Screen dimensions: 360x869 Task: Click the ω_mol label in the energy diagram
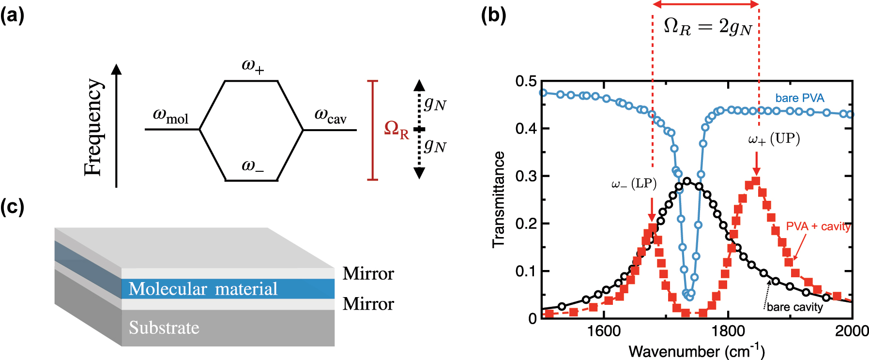click(x=170, y=116)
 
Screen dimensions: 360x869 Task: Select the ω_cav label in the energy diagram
click(x=331, y=116)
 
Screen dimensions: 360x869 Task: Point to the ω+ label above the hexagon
click(x=253, y=66)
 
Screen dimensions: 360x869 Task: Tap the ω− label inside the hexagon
click(x=253, y=166)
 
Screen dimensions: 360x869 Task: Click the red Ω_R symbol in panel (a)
click(x=396, y=130)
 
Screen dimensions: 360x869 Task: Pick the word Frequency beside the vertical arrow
click(x=93, y=127)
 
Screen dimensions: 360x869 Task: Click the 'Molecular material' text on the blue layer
click(x=203, y=289)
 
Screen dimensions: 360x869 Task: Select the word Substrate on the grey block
click(x=164, y=328)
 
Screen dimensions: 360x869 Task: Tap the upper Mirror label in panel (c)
click(x=368, y=273)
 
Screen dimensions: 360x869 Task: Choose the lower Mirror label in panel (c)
click(x=368, y=304)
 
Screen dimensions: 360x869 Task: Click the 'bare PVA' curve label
click(x=800, y=98)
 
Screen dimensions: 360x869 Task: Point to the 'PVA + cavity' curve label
click(x=818, y=226)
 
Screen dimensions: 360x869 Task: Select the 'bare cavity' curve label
click(x=795, y=307)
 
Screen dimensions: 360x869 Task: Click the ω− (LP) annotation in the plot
click(x=634, y=184)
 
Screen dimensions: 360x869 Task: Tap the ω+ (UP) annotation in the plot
click(x=774, y=139)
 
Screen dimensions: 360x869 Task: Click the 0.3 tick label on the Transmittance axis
click(x=526, y=176)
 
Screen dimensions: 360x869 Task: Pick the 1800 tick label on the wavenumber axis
click(x=728, y=331)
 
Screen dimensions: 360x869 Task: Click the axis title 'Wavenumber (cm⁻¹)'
click(x=697, y=351)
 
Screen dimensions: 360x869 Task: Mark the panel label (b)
click(x=493, y=16)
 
